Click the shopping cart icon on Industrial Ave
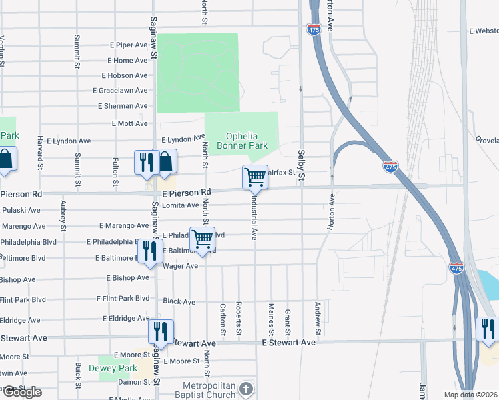[255, 177]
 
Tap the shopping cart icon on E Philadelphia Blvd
[202, 239]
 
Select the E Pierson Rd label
[181, 193]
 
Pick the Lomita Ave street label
[181, 205]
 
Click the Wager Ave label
[181, 266]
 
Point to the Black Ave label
[179, 301]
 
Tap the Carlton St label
[223, 319]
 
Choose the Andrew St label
[318, 319]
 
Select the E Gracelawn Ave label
[120, 91]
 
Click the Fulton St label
[116, 171]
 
